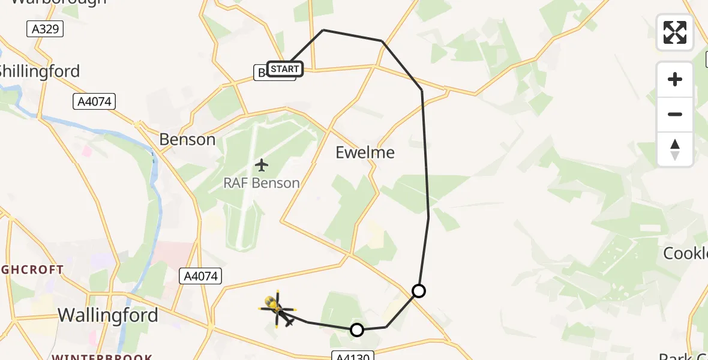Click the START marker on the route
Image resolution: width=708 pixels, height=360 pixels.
(284, 69)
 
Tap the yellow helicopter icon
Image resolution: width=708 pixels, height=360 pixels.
(276, 308)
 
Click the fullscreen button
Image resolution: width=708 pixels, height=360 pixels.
(675, 32)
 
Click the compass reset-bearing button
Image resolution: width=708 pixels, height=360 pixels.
(675, 149)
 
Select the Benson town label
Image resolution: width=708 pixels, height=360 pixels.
(187, 140)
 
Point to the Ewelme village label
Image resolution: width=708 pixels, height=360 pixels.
(365, 152)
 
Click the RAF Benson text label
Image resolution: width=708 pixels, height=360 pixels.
(262, 183)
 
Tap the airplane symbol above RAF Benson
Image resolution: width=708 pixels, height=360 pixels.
(262, 164)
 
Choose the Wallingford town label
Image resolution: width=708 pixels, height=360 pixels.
(108, 315)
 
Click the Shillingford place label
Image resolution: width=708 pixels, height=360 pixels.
(40, 71)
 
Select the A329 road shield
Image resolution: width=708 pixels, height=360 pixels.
(45, 29)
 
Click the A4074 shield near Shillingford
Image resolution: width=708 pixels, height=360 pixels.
(95, 102)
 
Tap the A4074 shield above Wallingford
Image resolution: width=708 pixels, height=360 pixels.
(202, 276)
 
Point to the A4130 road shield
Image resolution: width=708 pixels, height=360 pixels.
(353, 356)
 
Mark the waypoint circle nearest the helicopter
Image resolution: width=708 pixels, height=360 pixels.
(357, 329)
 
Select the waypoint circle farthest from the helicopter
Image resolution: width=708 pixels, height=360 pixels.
(419, 291)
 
